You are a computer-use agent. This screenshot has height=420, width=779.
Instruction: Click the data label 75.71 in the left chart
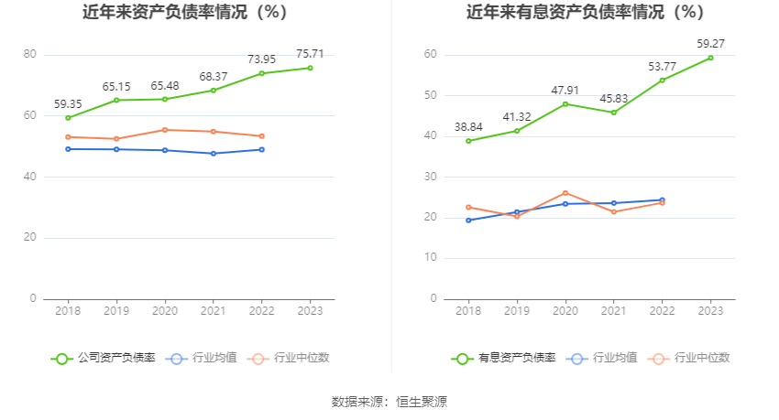(x=311, y=54)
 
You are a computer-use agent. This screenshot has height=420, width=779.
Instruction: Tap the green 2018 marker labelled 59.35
(x=68, y=118)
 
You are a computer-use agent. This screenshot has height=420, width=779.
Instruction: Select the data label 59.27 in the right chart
(x=710, y=43)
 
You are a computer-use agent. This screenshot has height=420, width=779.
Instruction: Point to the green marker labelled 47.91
(x=565, y=103)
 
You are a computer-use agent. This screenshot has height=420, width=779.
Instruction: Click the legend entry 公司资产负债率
(x=103, y=358)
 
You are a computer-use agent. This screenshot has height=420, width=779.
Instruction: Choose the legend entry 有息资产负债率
(x=503, y=358)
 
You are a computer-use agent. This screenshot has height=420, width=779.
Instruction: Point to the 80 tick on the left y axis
(x=30, y=55)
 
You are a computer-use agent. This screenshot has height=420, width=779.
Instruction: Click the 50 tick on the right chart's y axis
(x=430, y=96)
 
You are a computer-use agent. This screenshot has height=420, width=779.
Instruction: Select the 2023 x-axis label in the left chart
(x=311, y=311)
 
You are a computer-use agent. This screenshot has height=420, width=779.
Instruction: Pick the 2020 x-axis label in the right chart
(x=565, y=311)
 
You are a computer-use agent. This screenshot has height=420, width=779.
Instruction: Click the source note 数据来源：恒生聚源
(x=389, y=402)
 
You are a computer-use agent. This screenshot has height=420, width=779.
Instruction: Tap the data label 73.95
(x=262, y=59)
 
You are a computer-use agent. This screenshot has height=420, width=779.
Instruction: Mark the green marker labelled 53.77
(x=663, y=80)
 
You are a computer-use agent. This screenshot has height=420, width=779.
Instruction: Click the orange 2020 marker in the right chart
(x=565, y=193)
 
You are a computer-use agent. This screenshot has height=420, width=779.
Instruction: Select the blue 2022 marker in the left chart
(x=262, y=149)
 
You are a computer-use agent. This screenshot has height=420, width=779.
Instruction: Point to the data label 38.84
(x=468, y=127)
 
